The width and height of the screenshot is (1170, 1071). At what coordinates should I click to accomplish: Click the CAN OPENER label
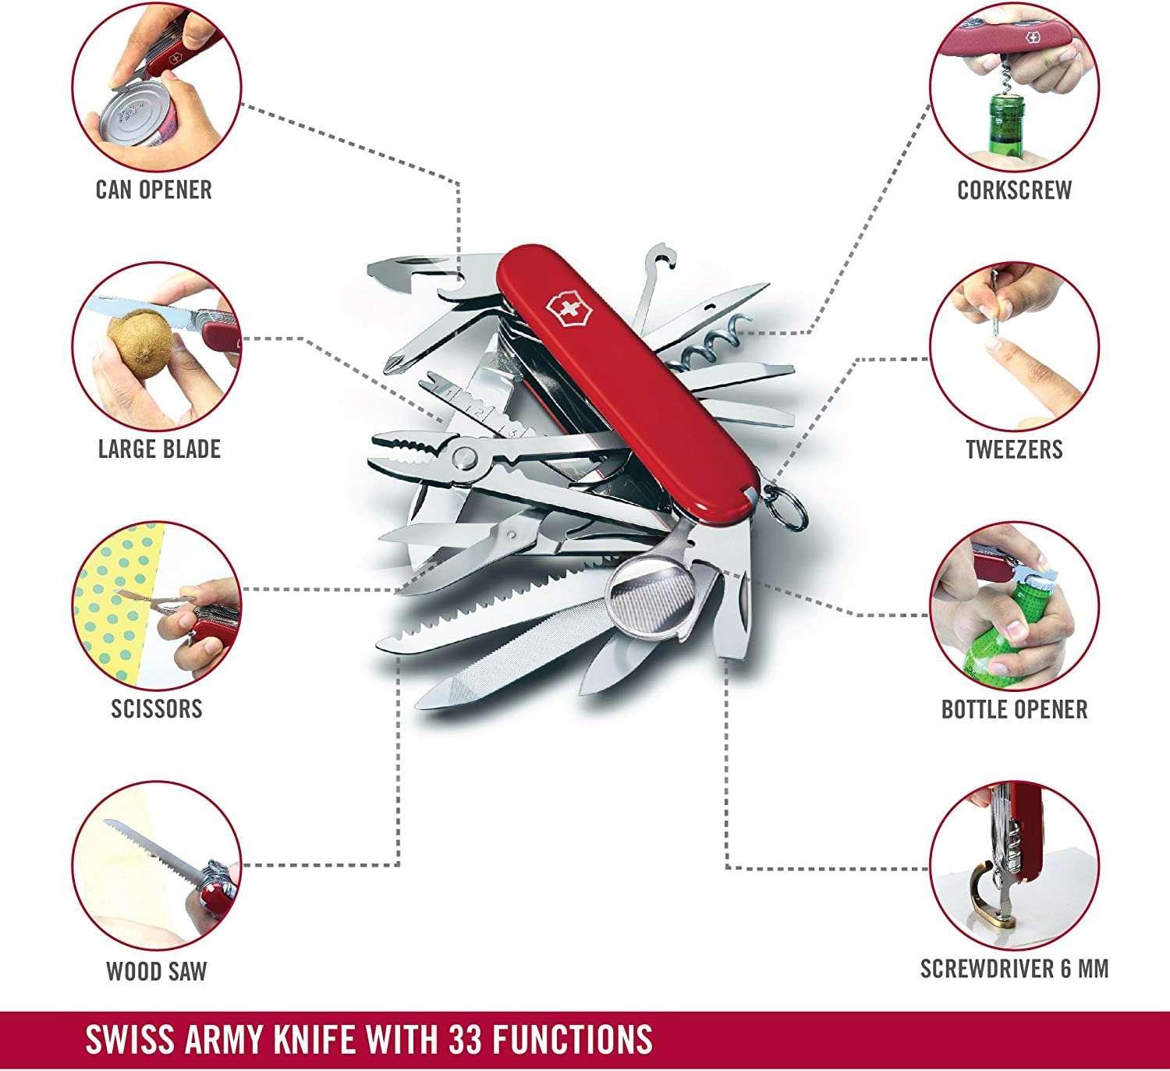[x=154, y=190]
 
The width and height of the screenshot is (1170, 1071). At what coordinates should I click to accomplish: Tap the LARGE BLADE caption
[x=159, y=449]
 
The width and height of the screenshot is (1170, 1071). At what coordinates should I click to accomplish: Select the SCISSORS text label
[x=157, y=708]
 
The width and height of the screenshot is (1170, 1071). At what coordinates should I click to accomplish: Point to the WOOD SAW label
[x=157, y=971]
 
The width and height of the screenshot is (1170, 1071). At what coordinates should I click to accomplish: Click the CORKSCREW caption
[x=1014, y=190]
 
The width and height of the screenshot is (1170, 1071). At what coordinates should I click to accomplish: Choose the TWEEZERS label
[x=1014, y=449]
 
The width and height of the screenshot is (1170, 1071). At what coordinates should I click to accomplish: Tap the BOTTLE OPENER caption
[x=1014, y=709]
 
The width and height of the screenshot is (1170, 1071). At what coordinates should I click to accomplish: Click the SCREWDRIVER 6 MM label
[x=1014, y=969]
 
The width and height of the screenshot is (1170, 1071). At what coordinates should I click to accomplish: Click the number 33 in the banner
[x=470, y=1039]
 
